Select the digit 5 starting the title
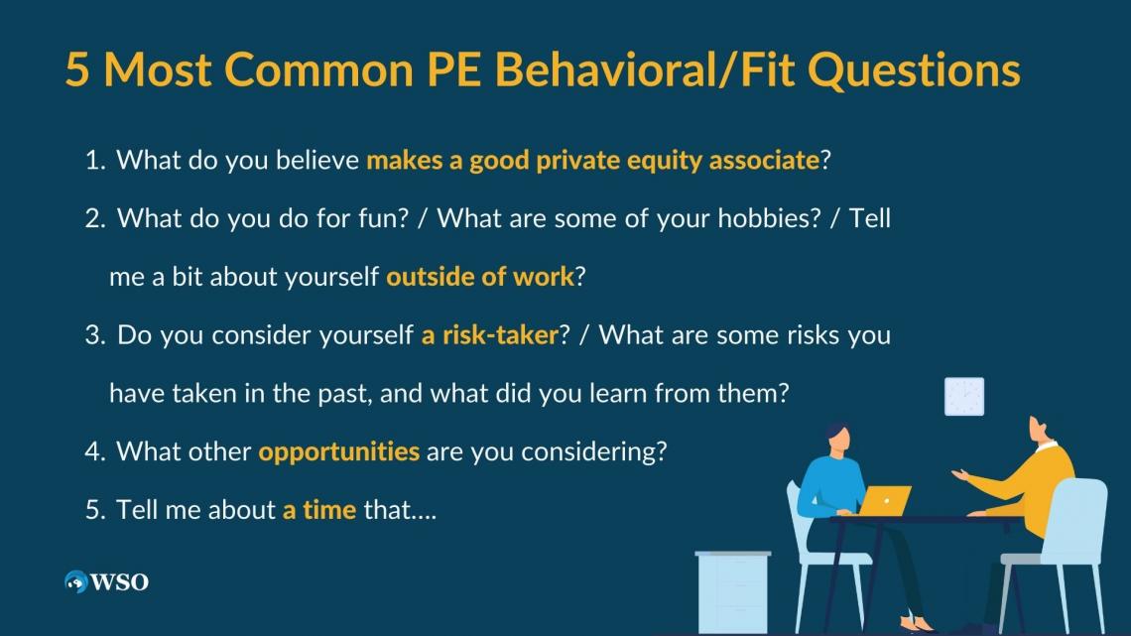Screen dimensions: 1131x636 tap(77, 69)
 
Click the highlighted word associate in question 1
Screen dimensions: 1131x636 tap(764, 160)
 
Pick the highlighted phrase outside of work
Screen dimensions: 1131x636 tap(480, 276)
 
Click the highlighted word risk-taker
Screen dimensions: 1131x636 tap(501, 334)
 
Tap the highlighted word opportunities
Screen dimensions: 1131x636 tap(339, 452)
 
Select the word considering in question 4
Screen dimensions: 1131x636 tap(588, 452)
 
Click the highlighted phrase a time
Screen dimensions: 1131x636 tap(319, 510)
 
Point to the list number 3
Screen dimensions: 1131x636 tap(94, 335)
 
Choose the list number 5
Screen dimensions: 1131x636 tap(94, 510)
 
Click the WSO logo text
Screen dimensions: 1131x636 tap(119, 581)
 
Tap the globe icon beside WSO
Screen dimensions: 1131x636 tap(75, 581)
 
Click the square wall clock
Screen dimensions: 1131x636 tap(964, 397)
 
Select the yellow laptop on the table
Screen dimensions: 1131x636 tap(884, 501)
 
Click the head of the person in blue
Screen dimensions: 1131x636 tap(837, 438)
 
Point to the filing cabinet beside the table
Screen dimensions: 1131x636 tap(733, 592)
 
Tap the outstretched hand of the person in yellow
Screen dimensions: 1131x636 tap(960, 474)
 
